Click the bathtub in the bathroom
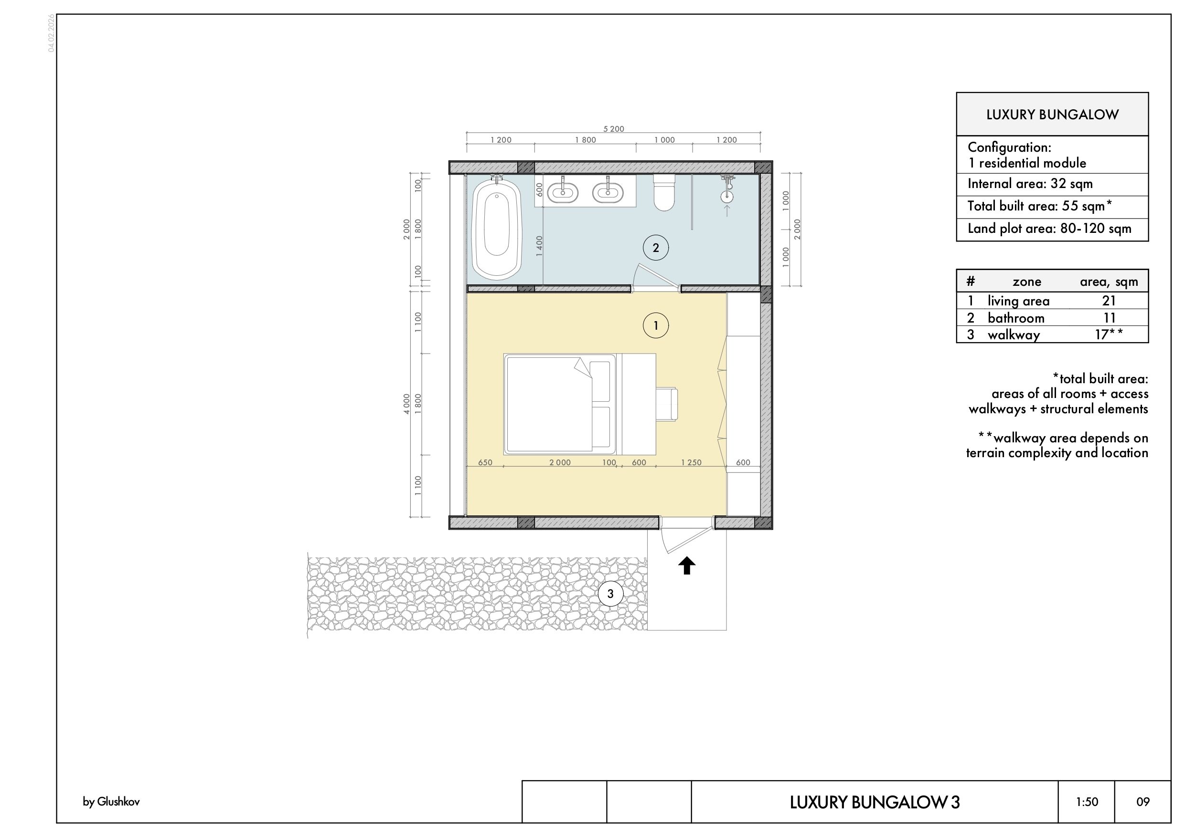(x=497, y=229)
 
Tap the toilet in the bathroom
(x=664, y=192)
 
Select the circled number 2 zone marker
(x=655, y=248)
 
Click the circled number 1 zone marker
(x=655, y=325)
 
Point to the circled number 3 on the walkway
(x=610, y=594)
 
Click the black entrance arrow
(x=686, y=566)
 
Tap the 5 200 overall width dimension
(x=614, y=129)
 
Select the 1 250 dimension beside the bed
(x=691, y=462)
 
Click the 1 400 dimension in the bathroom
(x=539, y=246)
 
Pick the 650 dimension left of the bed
(x=485, y=462)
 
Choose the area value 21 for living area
(x=1109, y=301)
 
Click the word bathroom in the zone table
(x=1016, y=318)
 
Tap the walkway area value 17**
(x=1109, y=334)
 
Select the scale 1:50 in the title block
(x=1087, y=802)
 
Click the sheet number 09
(x=1142, y=802)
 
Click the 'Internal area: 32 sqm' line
(x=1030, y=184)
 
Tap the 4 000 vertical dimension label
(x=406, y=403)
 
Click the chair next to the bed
(x=667, y=404)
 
